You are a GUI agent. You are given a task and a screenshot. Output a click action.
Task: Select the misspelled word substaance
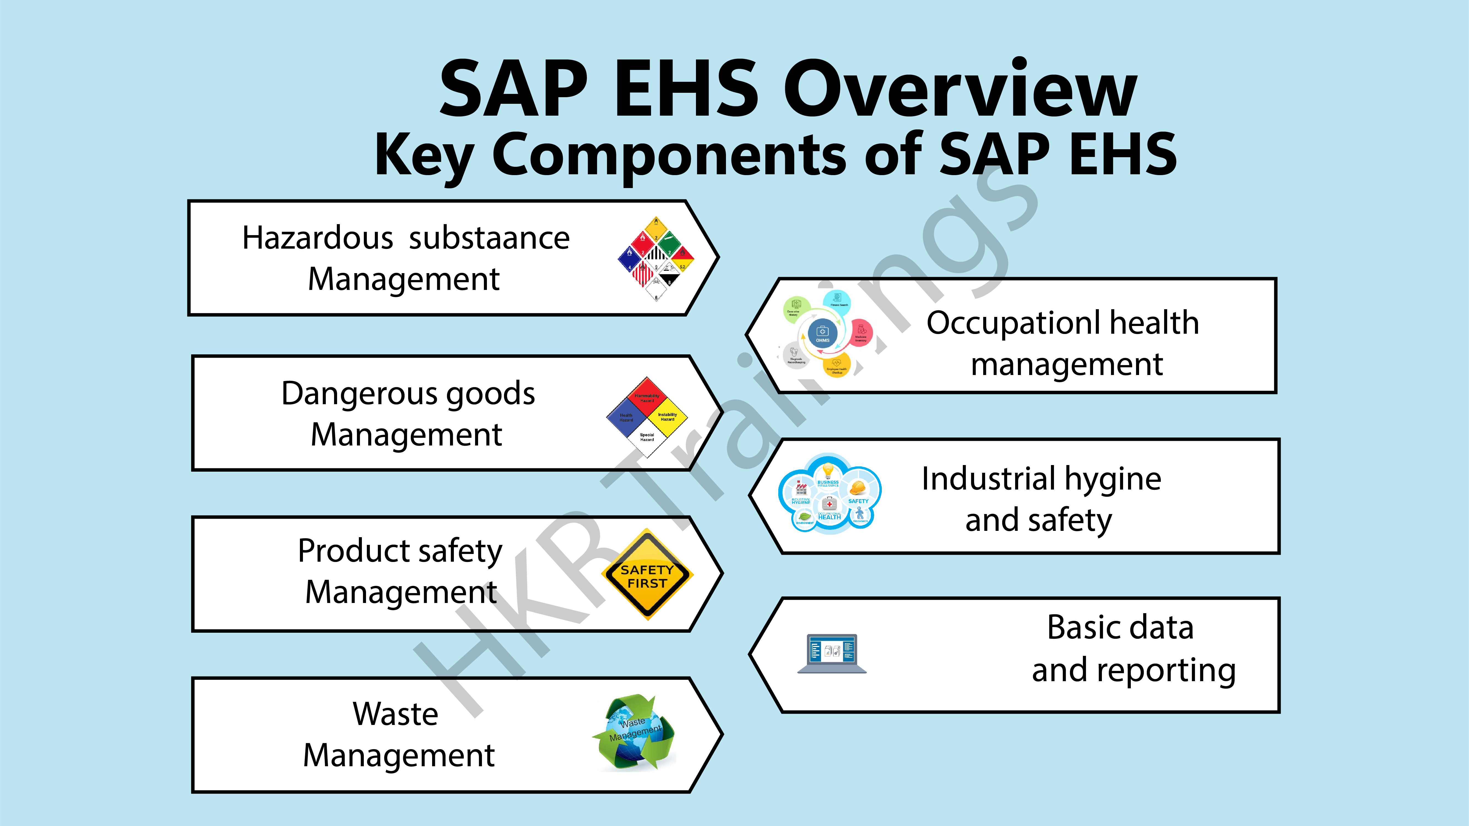489,238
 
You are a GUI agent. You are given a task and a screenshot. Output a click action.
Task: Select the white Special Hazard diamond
647,438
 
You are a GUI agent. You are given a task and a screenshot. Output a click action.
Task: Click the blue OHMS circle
822,333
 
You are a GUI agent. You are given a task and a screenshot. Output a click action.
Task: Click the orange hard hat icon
858,488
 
